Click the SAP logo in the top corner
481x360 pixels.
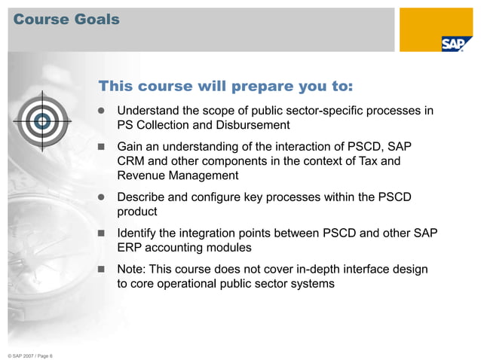point(452,44)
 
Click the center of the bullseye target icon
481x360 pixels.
point(43,121)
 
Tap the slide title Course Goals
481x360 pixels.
point(66,20)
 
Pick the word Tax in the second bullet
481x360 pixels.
point(366,161)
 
